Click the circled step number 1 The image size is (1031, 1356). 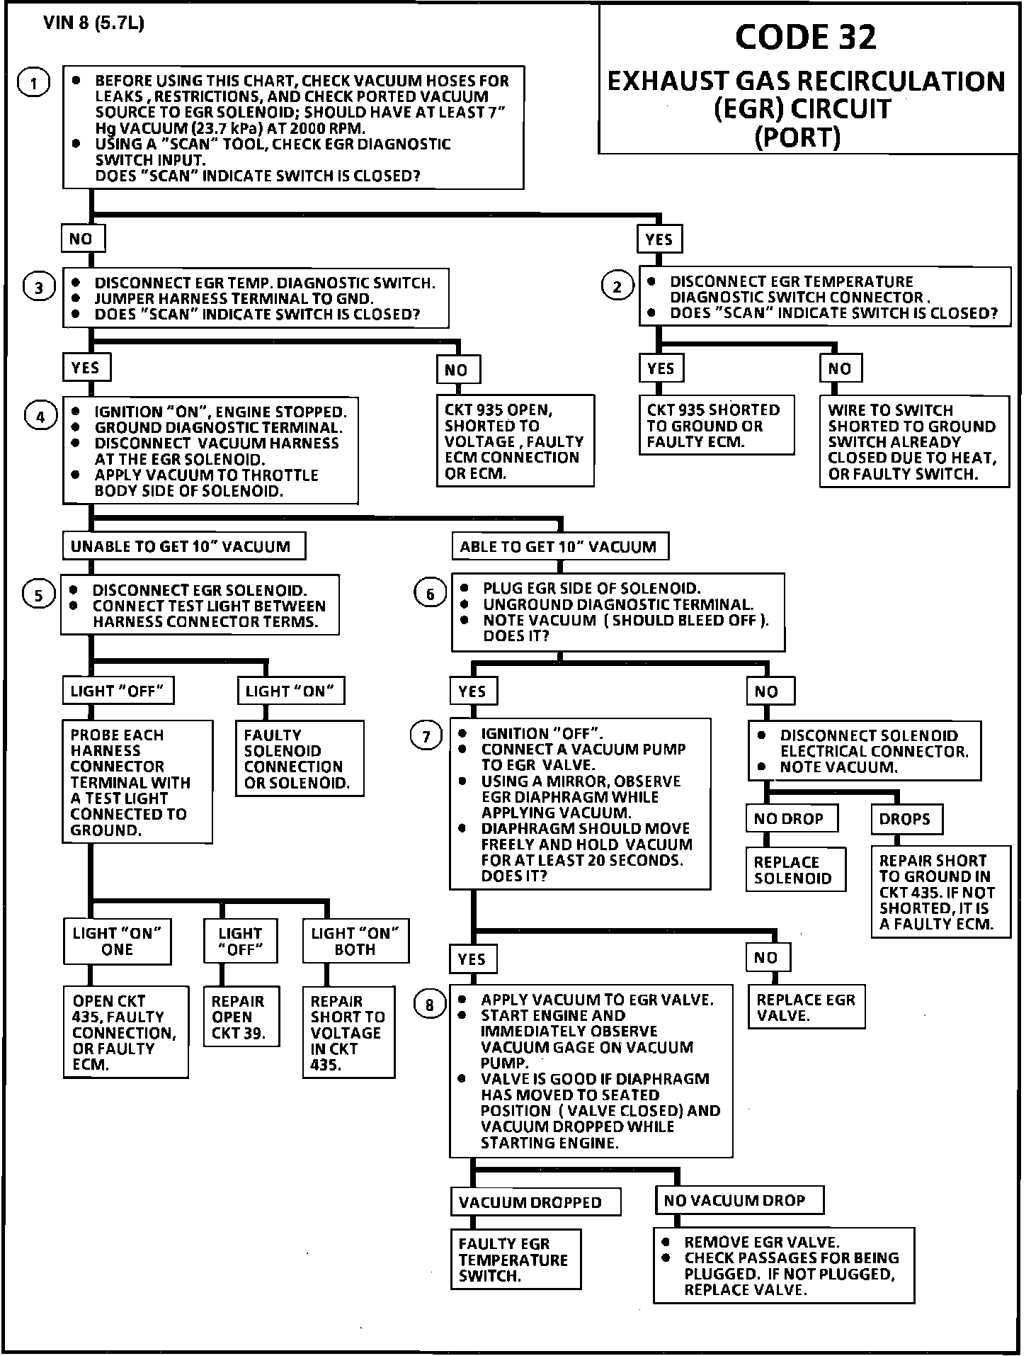tap(34, 83)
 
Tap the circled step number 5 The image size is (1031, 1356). tap(38, 594)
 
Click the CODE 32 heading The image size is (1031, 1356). tap(805, 37)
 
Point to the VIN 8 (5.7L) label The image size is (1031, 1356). tap(93, 23)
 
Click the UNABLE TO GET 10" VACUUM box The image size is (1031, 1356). tap(183, 546)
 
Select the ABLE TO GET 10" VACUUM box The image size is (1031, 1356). tap(559, 546)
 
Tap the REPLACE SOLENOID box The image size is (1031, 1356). tap(795, 869)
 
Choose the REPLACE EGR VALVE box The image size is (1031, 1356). tap(806, 1007)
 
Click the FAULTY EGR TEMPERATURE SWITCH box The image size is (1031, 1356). tap(515, 1259)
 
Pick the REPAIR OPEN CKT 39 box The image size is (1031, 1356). tap(241, 1017)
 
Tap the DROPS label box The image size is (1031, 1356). tap(906, 819)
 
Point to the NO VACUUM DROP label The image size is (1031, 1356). tap(739, 1200)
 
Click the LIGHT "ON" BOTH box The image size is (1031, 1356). tap(355, 941)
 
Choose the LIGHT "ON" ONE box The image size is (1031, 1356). tap(118, 941)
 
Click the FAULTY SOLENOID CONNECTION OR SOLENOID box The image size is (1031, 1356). tap(299, 759)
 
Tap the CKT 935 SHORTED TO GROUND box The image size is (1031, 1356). tap(716, 426)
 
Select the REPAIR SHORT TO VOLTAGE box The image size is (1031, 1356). tap(348, 1032)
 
